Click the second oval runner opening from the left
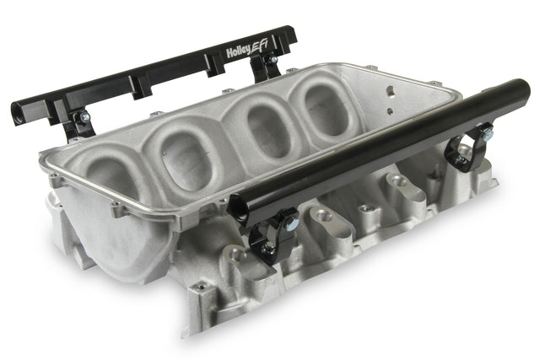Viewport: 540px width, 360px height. (186, 155)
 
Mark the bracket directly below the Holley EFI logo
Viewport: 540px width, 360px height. (267, 67)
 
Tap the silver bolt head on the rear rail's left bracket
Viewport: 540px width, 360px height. (84, 118)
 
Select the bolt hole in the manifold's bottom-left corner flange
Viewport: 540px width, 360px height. (200, 287)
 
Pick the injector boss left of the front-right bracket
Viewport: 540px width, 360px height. (396, 182)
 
